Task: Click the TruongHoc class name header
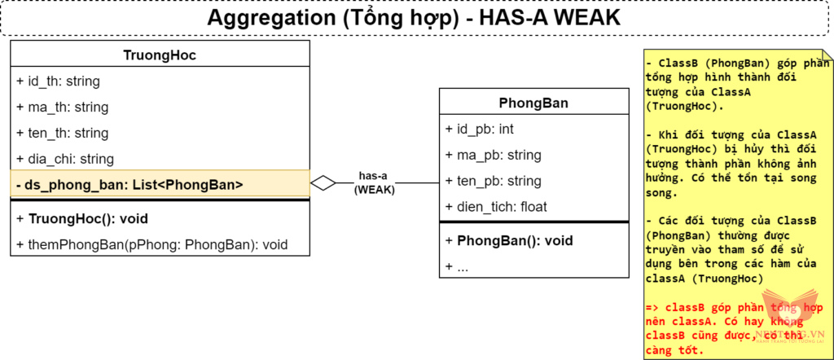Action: (x=160, y=55)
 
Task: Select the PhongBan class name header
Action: (x=533, y=103)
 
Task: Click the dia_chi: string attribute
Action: (x=65, y=159)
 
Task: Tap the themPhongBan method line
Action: (x=151, y=244)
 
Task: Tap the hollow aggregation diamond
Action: (x=323, y=184)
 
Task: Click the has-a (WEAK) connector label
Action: (x=373, y=184)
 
